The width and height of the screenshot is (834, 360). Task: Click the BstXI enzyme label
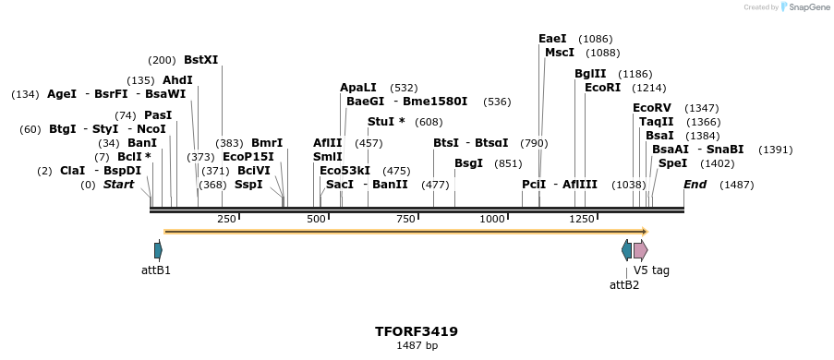[200, 60]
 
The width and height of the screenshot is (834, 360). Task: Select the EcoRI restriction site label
[602, 88]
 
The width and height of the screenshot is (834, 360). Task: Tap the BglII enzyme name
[590, 74]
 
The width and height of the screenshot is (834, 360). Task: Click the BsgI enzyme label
[468, 163]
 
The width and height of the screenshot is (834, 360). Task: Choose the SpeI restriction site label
[672, 163]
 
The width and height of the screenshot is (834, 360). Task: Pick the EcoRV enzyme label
[652, 108]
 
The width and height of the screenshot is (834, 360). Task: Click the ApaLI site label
[358, 88]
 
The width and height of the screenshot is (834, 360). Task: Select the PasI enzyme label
[158, 115]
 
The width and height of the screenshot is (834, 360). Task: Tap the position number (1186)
[635, 74]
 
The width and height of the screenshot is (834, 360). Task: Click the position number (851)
[508, 163]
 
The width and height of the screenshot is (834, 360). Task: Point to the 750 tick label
[405, 219]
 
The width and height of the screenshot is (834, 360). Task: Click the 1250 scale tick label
[582, 219]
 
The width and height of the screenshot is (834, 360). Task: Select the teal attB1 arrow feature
[158, 250]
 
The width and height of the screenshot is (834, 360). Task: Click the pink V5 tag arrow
[640, 250]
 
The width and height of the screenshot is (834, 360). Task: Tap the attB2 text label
[624, 284]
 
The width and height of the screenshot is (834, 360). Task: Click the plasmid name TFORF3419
[417, 331]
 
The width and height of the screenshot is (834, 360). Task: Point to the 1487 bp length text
[417, 346]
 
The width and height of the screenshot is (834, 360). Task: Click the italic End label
[695, 185]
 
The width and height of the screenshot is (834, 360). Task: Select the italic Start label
[118, 185]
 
